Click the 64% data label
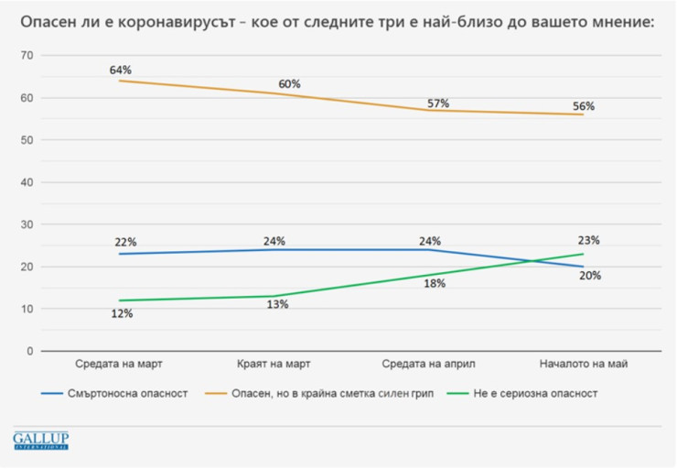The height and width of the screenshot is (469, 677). [x=121, y=70]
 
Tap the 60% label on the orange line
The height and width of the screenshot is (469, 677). [x=289, y=84]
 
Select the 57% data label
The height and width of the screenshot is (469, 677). [x=438, y=104]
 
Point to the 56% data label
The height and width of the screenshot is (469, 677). [x=584, y=106]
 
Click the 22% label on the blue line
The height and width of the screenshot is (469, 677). [x=126, y=242]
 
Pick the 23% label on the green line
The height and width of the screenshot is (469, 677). [x=589, y=240]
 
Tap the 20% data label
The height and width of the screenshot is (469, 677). [x=589, y=275]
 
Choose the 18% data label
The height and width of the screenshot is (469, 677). [x=435, y=283]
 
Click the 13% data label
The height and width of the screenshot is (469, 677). [x=277, y=304]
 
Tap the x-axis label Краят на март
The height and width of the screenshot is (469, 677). [x=273, y=364]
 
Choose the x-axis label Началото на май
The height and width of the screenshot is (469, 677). [x=583, y=364]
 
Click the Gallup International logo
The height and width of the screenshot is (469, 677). [x=40, y=440]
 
